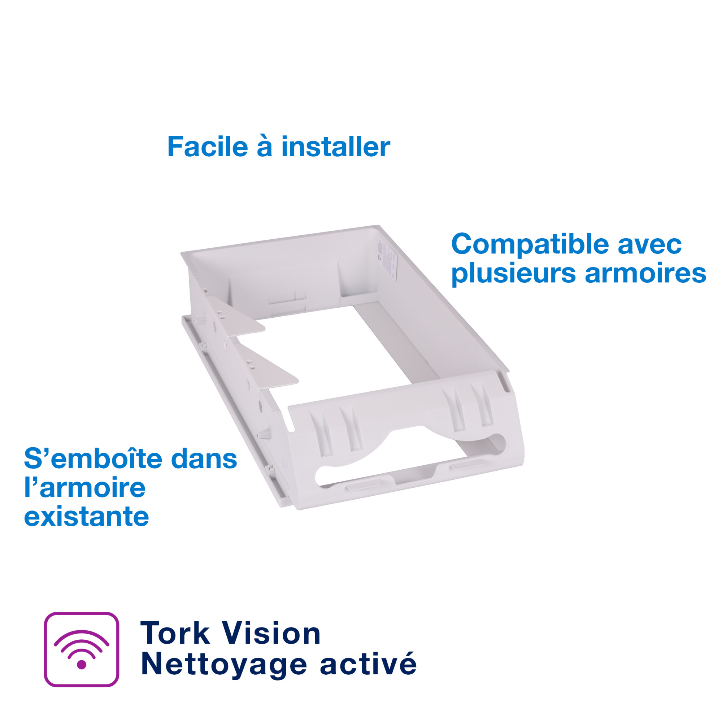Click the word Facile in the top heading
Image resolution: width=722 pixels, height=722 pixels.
[x=208, y=147]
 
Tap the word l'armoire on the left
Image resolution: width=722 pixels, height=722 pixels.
[x=85, y=488]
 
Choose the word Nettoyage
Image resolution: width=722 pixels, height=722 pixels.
[x=224, y=665]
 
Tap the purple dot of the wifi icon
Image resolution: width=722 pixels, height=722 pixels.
[x=82, y=665]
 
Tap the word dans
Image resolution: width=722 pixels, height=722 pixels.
[x=204, y=459]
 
